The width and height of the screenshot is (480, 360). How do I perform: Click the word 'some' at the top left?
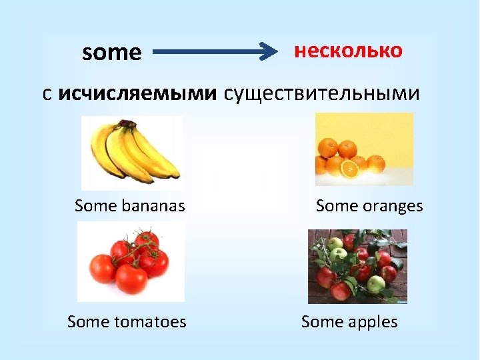point(111,53)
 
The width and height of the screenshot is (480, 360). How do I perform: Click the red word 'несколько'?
point(348,51)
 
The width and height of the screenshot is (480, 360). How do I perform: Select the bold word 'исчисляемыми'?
point(137,95)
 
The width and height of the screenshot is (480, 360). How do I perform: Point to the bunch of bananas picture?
point(132,153)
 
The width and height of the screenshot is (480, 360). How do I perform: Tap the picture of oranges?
point(363,149)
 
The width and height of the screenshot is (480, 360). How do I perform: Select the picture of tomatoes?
point(131,261)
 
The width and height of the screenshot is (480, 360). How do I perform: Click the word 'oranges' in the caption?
point(393,206)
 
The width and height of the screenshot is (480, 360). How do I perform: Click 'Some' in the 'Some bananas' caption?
point(96,206)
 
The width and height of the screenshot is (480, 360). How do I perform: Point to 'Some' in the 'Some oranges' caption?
point(337,206)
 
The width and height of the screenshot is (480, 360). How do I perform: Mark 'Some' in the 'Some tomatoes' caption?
point(89,322)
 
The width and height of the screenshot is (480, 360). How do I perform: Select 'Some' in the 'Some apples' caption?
point(322,322)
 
